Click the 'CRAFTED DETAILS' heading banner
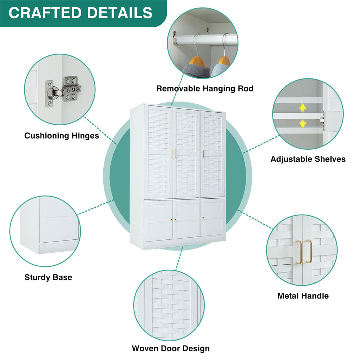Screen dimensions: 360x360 [81, 13]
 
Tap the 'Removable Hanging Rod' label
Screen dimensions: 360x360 [205, 88]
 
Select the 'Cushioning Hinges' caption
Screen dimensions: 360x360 [62, 136]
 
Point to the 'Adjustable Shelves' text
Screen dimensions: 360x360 [308, 159]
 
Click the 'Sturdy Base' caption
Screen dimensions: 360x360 [48, 277]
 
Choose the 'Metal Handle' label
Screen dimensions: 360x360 [303, 296]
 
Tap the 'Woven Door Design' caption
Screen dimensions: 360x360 [171, 348]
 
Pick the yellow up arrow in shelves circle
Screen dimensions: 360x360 [303, 107]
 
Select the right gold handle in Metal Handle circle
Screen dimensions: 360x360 [309, 251]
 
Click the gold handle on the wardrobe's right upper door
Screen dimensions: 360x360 [203, 154]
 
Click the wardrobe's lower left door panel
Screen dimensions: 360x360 [158, 220]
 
